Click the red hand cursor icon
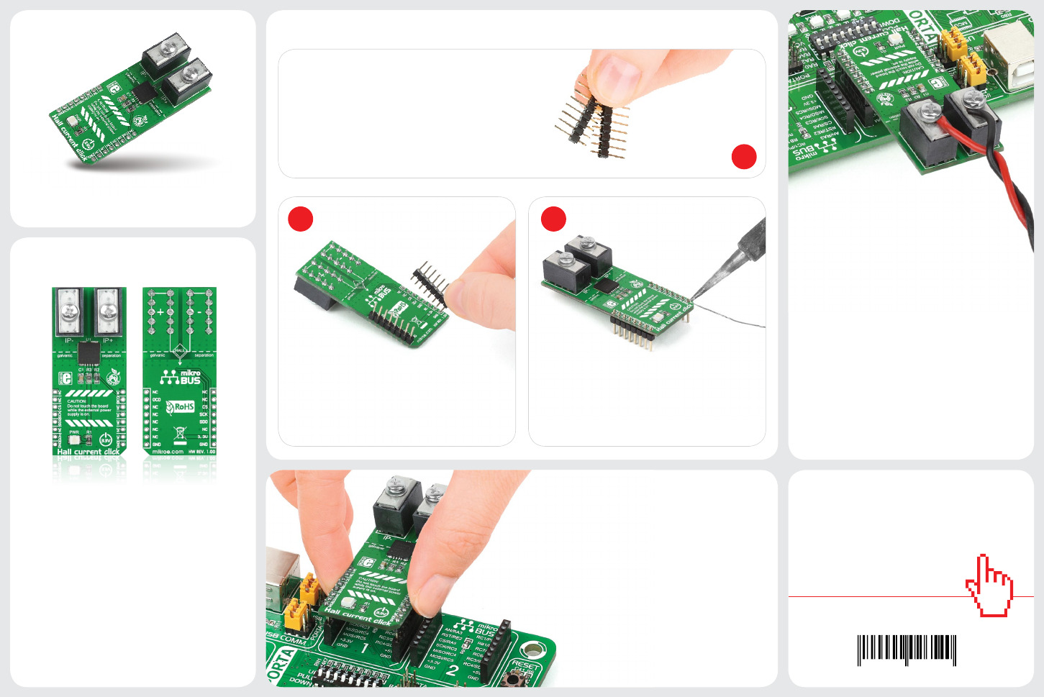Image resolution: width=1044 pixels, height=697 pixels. pos(990,586)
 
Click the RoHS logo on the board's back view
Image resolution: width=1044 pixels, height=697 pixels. pos(181,407)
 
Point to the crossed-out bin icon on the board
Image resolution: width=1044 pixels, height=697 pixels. pos(180,433)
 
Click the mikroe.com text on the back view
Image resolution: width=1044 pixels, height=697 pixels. pos(168,452)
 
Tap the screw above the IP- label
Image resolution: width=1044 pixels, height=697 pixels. pos(70,311)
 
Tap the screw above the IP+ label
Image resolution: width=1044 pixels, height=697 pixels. pos(108,311)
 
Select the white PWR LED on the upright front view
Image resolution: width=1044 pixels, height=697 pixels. pos(74,439)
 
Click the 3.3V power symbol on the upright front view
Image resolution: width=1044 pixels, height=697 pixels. pos(106,439)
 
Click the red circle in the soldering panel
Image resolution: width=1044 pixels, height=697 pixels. pos(553,219)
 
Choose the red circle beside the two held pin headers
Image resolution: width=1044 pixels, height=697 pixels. pos(744,157)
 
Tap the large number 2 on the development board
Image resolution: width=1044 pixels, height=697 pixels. pos(452,670)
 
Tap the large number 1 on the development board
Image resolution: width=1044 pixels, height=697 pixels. pos(364,648)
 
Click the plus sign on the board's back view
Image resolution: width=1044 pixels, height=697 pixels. pos(160,312)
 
